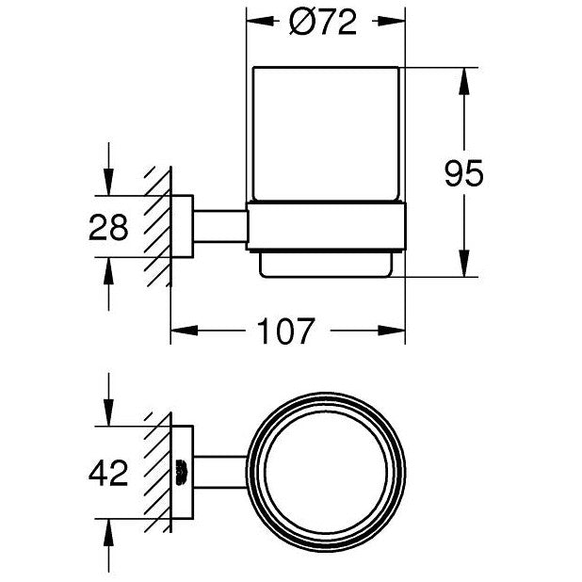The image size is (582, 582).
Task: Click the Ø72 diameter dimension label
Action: click(323, 23)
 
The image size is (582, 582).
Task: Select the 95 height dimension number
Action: click(464, 173)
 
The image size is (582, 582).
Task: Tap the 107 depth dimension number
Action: click(285, 331)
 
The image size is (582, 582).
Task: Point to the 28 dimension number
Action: click(108, 227)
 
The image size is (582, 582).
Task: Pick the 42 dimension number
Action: click(108, 473)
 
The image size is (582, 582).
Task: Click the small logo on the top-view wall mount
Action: click(182, 473)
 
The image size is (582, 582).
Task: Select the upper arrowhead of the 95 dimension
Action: click(464, 81)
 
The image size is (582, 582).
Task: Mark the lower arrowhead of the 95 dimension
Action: click(464, 263)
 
